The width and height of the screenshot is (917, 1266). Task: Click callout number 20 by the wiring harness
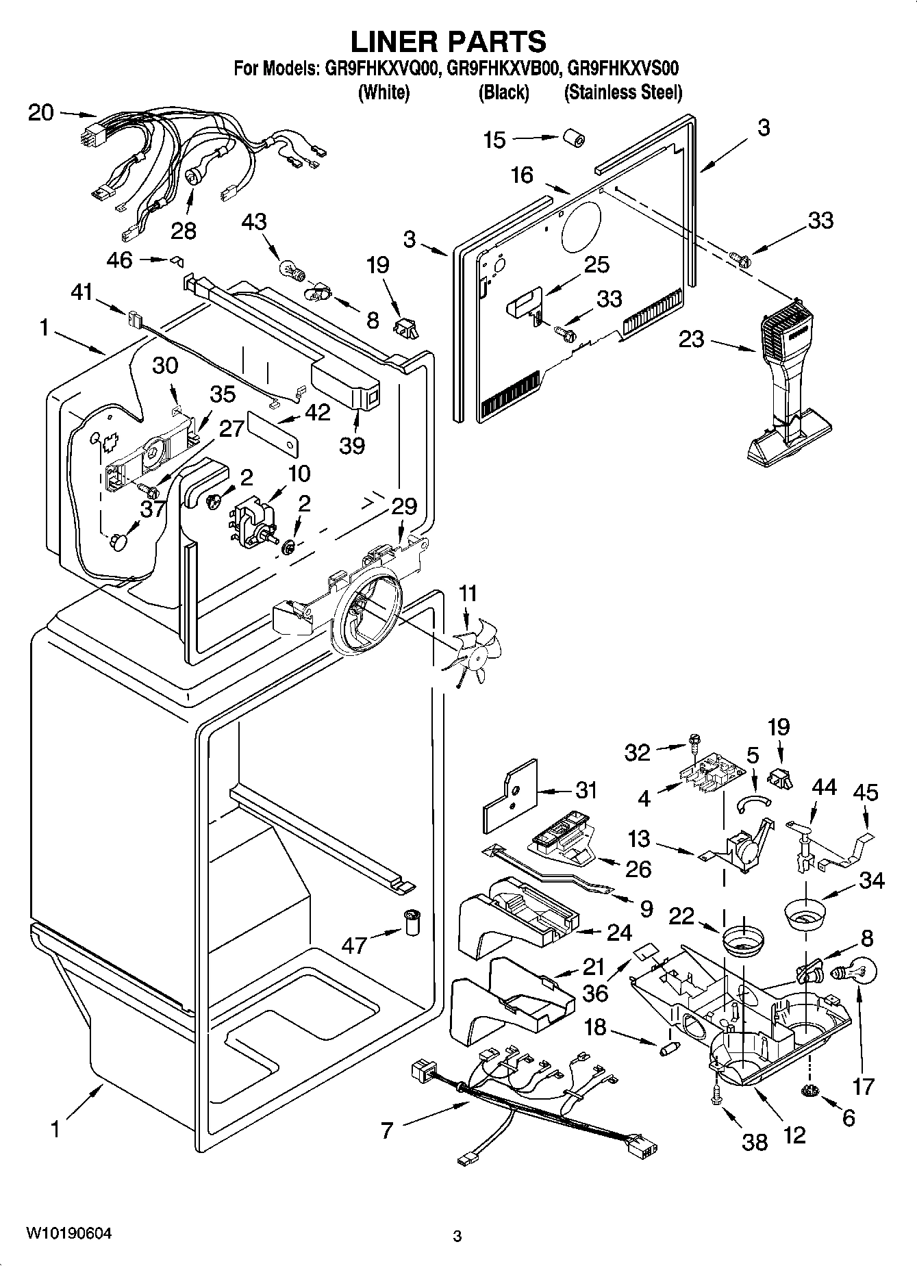coord(41,112)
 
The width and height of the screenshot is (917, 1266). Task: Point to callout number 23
coord(692,338)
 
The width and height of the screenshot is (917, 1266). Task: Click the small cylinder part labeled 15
coord(574,138)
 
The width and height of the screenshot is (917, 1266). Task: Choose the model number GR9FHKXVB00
coord(503,68)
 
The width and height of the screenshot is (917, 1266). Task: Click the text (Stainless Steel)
coord(623,92)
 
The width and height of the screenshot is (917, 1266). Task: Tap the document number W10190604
coord(68,1232)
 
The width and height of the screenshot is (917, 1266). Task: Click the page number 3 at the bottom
coord(457,1237)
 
